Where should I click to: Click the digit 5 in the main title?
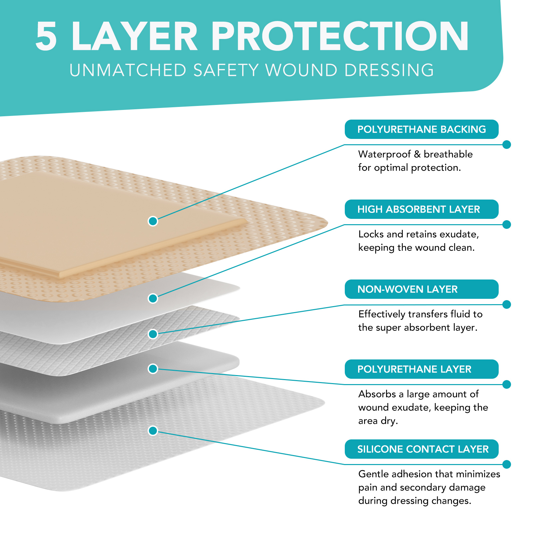(46, 37)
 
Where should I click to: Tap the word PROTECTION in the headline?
(340, 37)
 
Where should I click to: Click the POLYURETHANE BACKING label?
(421, 129)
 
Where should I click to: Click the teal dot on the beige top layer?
(153, 221)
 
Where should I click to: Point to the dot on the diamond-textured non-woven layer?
(153, 334)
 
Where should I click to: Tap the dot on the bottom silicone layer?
(153, 431)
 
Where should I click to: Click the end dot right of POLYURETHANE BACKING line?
(507, 145)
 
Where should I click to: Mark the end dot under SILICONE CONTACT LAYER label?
(507, 464)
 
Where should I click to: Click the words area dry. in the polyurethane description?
(378, 421)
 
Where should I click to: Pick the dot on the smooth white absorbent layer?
(153, 298)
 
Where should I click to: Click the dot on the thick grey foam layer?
(153, 369)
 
